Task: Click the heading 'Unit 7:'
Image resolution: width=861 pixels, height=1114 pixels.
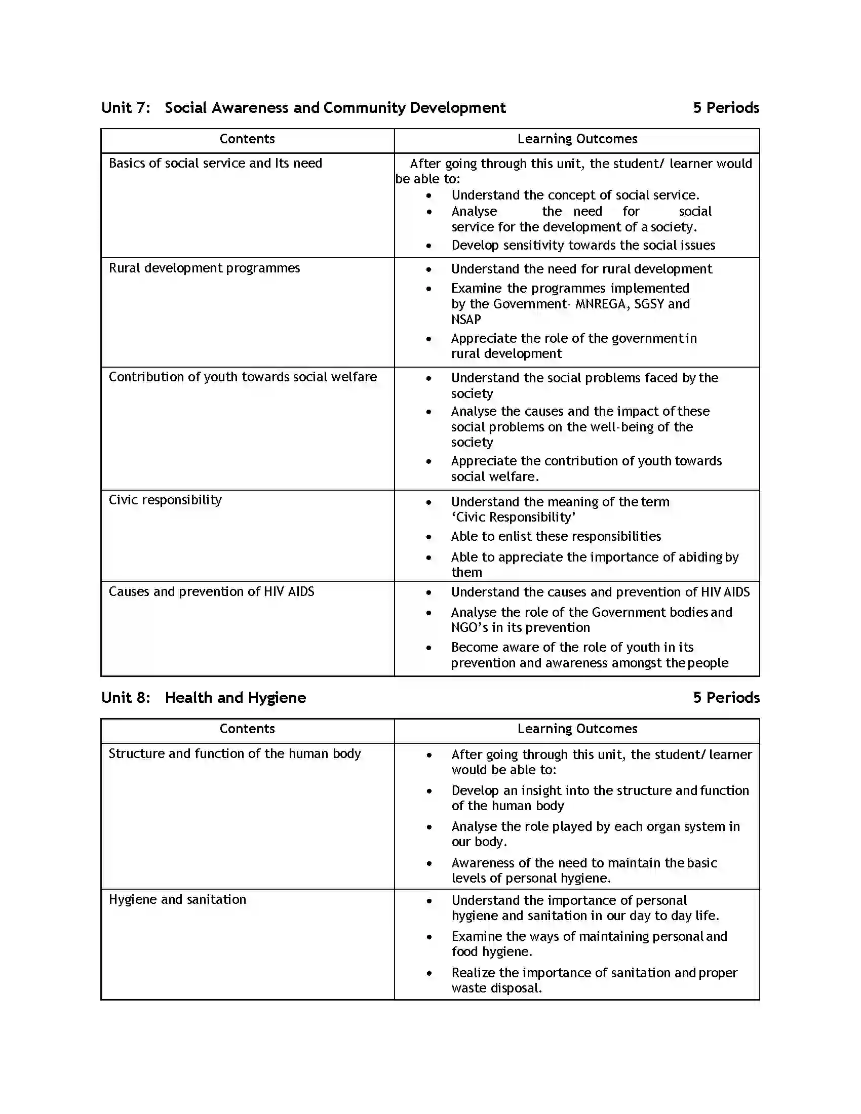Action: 126,108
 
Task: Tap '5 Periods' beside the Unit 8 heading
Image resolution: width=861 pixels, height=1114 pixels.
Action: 725,697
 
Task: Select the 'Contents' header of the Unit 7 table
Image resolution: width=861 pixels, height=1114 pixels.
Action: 247,139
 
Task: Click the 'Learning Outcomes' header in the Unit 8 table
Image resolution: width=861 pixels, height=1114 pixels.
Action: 577,728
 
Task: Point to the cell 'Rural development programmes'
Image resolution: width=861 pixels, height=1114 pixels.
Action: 204,268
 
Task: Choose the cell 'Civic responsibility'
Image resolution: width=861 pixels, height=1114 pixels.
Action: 165,500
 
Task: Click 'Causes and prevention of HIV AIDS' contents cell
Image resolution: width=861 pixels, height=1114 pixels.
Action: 211,591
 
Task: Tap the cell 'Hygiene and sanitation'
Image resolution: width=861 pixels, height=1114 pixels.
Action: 177,899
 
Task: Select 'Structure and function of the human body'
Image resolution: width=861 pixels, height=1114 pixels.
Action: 234,753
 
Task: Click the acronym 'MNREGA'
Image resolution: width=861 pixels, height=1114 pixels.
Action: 599,304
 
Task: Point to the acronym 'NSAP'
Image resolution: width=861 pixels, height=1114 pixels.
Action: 465,320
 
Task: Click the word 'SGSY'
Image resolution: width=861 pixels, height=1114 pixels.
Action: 649,304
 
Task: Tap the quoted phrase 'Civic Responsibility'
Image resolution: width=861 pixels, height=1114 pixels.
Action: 514,517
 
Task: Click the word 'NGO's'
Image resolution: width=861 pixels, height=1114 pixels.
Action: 469,627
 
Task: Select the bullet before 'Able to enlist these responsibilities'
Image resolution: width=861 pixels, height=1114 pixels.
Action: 429,537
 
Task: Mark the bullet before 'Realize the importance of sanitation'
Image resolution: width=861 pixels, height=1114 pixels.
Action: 429,973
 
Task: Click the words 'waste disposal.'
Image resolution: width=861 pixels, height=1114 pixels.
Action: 496,988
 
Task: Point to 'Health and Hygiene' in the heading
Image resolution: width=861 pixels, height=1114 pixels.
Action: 235,697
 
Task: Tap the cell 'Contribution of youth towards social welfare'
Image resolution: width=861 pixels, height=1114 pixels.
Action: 242,377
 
